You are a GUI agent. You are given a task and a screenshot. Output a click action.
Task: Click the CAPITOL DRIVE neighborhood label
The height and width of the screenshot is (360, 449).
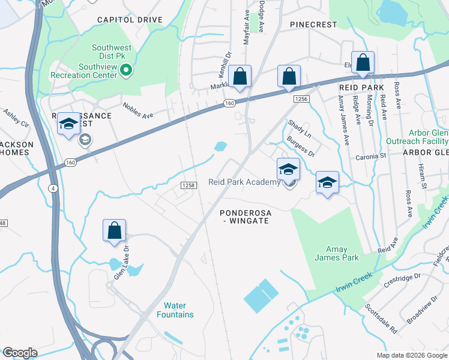[130, 20]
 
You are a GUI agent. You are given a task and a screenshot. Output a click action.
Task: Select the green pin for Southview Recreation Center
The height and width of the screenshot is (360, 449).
[126, 72]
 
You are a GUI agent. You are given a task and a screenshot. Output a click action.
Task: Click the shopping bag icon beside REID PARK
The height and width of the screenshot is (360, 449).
[363, 62]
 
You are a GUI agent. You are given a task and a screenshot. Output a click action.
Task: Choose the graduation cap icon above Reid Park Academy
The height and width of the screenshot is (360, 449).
[288, 169]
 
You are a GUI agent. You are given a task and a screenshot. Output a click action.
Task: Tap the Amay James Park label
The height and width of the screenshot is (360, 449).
[337, 253]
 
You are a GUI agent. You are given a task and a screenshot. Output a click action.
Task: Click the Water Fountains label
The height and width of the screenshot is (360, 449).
[175, 310]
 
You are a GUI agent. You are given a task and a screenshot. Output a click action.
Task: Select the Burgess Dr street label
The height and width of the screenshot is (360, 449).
[300, 146]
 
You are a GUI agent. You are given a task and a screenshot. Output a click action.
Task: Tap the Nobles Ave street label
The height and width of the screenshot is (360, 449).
[139, 110]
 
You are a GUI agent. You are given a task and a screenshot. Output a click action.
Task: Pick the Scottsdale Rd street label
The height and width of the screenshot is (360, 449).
[381, 318]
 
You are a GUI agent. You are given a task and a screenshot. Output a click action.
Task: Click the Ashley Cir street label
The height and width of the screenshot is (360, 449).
[16, 118]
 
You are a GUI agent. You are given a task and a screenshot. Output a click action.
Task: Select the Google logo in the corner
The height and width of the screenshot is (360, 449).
[20, 353]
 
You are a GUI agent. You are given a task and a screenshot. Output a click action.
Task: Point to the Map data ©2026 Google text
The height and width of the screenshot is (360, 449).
[412, 355]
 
